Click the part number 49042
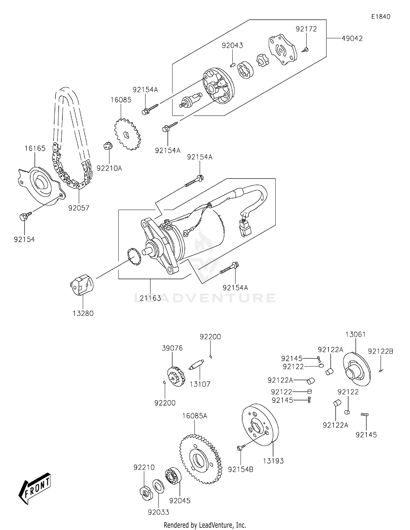[352, 39]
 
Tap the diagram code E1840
[380, 17]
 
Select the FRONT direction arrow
[35, 491]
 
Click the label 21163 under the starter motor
[150, 298]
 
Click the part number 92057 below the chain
[79, 208]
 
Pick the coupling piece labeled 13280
[82, 285]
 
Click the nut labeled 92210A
[108, 146]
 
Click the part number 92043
[232, 45]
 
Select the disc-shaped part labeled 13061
[357, 369]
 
